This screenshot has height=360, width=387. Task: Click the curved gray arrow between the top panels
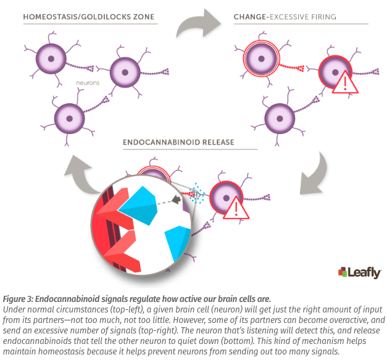point(196,27)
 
